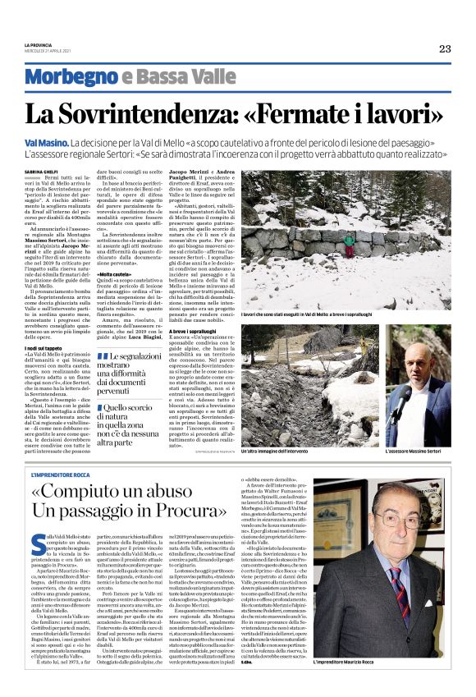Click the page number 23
click(444, 48)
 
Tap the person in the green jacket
click(350, 242)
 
